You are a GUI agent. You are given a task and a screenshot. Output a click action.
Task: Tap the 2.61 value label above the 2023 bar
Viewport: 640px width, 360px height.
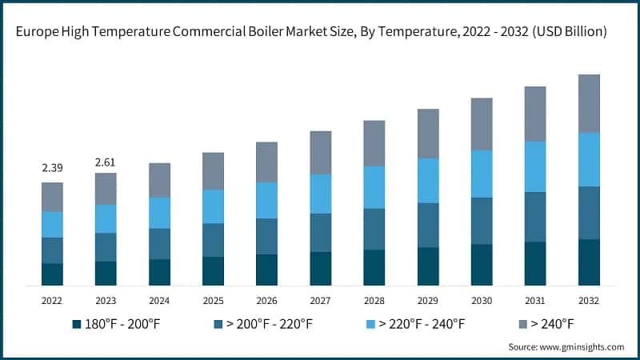coord(106,162)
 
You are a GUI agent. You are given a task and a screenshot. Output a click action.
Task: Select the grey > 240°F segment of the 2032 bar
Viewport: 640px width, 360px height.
coord(589,103)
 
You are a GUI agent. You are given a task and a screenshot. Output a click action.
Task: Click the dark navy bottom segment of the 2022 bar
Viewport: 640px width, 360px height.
coord(52,274)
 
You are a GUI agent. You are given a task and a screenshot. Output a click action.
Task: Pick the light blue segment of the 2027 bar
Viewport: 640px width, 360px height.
coord(320,194)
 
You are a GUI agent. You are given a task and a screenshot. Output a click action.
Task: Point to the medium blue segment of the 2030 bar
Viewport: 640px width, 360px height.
coord(482,221)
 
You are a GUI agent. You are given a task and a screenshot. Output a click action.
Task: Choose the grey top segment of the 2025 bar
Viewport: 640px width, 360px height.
coord(213,170)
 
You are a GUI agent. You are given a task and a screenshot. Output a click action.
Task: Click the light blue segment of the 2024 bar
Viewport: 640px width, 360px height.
coord(159,213)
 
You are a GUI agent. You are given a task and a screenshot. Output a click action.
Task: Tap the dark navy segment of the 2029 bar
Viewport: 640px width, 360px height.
coord(428,266)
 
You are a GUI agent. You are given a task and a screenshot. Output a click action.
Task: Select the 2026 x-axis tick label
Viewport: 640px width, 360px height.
coord(266,300)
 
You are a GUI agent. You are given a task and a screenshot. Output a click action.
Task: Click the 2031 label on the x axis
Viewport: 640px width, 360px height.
coord(535,300)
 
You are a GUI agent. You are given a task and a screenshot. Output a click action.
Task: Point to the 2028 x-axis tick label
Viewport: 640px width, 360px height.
coord(374,300)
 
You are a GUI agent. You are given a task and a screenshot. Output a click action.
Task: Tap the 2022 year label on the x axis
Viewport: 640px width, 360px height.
coord(52,300)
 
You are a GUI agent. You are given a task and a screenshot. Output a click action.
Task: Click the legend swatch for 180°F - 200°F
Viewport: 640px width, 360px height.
coord(77,324)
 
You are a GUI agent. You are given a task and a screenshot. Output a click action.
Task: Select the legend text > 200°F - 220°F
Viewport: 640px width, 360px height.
coord(270,324)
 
